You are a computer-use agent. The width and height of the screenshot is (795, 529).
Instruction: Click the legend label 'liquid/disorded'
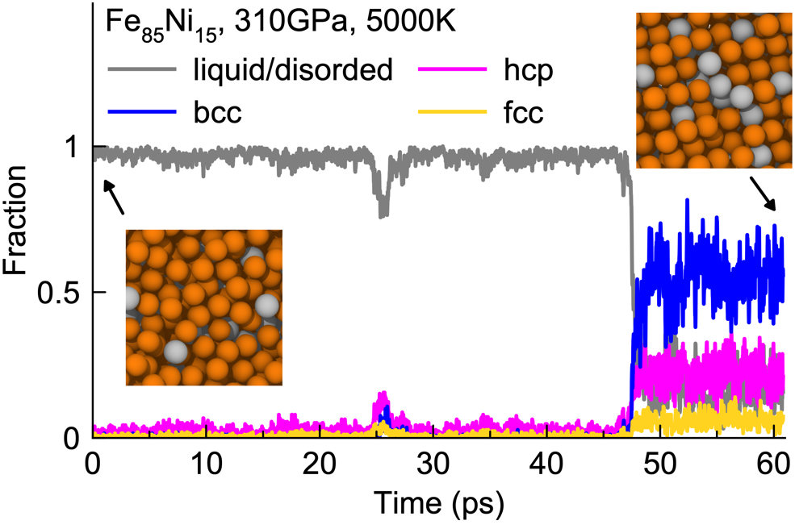coord(292,70)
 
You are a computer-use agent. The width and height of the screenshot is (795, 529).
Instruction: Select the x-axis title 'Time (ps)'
coord(439,505)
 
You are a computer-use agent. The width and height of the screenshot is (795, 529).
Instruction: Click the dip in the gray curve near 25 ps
coord(383,211)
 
